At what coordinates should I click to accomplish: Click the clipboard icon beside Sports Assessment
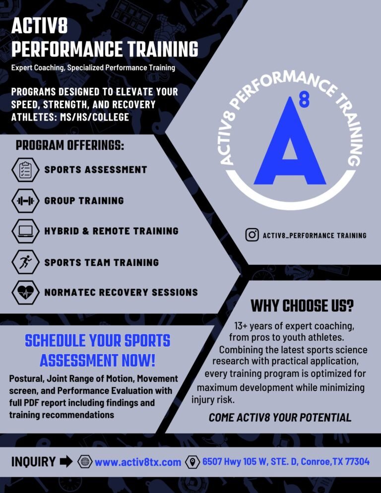pyautogui.click(x=24, y=170)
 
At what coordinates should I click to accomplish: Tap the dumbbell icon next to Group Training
pyautogui.click(x=24, y=201)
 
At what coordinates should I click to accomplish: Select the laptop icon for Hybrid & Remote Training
pyautogui.click(x=24, y=231)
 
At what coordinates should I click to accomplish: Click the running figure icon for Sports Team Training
pyautogui.click(x=24, y=262)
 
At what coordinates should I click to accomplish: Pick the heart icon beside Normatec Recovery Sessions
pyautogui.click(x=24, y=293)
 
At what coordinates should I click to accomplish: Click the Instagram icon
pyautogui.click(x=252, y=235)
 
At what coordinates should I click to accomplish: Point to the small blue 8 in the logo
pyautogui.click(x=304, y=101)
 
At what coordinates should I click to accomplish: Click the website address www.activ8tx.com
pyautogui.click(x=138, y=462)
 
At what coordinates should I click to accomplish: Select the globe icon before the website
pyautogui.click(x=85, y=462)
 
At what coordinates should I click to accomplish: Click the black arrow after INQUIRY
pyautogui.click(x=66, y=462)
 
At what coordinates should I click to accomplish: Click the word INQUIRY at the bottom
pyautogui.click(x=33, y=462)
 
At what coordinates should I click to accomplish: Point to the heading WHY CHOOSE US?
pyautogui.click(x=302, y=306)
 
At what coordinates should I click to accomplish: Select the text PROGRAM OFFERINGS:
pyautogui.click(x=69, y=146)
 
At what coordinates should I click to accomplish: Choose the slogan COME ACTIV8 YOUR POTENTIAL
pyautogui.click(x=280, y=418)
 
